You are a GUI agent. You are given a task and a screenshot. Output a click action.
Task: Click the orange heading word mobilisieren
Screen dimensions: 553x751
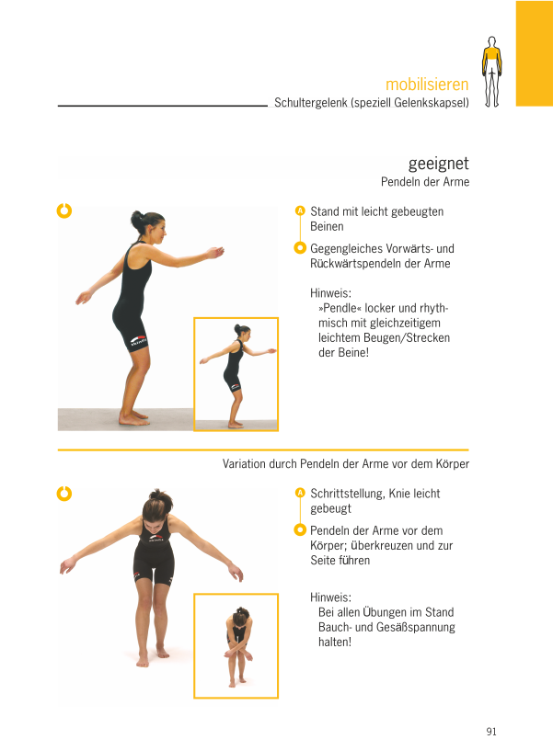click(x=427, y=85)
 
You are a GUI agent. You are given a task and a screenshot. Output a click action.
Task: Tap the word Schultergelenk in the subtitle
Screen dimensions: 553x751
click(x=310, y=103)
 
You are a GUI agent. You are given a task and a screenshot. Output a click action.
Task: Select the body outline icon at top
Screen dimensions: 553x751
click(x=491, y=72)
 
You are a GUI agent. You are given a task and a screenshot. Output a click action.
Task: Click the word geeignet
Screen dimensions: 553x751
click(x=438, y=165)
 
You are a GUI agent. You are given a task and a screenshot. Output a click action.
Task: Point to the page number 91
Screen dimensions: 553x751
click(x=491, y=732)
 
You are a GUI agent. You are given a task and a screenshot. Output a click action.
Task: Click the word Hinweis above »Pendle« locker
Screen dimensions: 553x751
click(x=330, y=292)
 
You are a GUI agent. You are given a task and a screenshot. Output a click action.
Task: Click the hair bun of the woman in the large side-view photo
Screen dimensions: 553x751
click(x=137, y=219)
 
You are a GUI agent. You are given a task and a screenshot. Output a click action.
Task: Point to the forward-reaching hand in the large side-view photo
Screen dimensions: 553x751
click(x=216, y=252)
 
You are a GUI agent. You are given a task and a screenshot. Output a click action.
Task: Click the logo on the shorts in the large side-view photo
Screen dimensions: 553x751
click(x=139, y=340)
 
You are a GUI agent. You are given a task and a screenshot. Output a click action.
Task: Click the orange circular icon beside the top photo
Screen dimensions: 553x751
click(x=64, y=211)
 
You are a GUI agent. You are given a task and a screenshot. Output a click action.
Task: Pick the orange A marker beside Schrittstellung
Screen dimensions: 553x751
click(x=300, y=493)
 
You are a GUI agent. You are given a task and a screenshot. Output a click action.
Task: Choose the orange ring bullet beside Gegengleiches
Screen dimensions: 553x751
click(x=300, y=247)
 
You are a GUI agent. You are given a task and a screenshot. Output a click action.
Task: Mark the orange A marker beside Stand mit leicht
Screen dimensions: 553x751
click(x=300, y=211)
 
